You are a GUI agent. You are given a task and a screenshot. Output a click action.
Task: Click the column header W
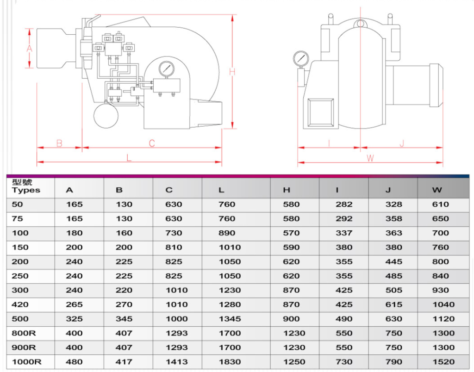(437, 190)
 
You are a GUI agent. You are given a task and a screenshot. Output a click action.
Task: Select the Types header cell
(26, 187)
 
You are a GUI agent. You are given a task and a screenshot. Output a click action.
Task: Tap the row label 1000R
(27, 362)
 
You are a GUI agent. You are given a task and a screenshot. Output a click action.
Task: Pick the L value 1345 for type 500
(230, 319)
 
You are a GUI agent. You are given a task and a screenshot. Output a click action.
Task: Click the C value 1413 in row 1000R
(176, 362)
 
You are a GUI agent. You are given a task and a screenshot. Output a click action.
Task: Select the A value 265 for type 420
(74, 304)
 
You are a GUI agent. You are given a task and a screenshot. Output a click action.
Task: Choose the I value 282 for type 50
(344, 204)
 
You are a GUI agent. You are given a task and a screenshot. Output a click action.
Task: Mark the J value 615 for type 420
(394, 304)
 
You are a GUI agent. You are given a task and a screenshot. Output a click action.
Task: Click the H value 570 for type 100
(291, 233)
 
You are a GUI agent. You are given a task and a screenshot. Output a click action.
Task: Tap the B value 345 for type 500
(124, 319)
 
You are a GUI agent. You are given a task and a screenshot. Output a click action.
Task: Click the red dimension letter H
(232, 72)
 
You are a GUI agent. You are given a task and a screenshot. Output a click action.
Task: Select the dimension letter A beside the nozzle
(29, 48)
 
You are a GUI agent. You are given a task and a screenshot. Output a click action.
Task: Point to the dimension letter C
(151, 143)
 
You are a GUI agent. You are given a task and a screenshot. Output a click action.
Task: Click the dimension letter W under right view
(370, 158)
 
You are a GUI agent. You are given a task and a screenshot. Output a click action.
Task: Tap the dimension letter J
(401, 143)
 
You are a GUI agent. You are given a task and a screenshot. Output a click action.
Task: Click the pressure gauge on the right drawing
(300, 59)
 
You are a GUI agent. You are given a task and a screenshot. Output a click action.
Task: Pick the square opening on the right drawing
(320, 112)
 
